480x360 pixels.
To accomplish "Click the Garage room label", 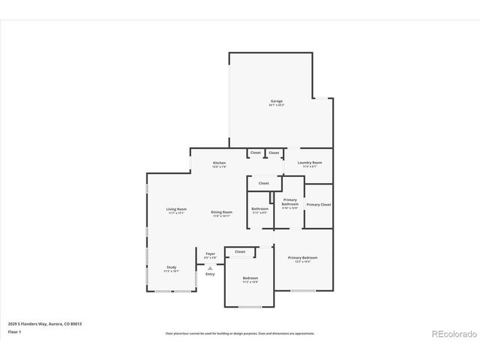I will [277, 100].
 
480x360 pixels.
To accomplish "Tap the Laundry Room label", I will [310, 163].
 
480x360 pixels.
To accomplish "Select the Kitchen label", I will [219, 163].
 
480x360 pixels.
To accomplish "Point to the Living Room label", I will [176, 209].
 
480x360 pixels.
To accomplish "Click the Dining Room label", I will [221, 212].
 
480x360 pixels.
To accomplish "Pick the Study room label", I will [171, 268].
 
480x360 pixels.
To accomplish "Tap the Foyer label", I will [211, 253].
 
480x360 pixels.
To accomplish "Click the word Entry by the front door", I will [210, 274].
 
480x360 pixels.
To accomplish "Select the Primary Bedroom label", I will [303, 258].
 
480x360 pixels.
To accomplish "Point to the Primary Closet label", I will [318, 205].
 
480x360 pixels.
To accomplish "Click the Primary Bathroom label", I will [290, 202].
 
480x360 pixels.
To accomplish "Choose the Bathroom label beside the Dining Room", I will [259, 208].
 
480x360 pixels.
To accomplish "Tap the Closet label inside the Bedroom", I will [240, 252].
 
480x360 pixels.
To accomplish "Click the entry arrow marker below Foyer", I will [210, 267].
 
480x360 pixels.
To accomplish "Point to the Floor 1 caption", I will [14, 331].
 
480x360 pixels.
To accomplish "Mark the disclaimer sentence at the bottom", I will [240, 333].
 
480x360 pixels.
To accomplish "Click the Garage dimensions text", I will [277, 105].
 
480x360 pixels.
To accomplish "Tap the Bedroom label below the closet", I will [250, 278].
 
